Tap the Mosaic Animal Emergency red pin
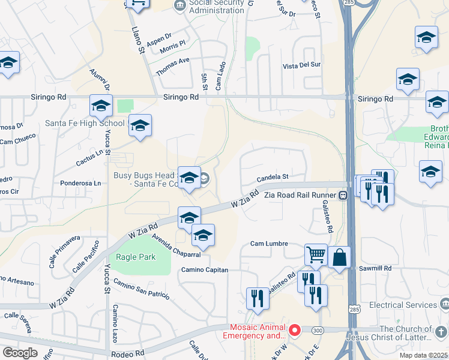tap(294, 330)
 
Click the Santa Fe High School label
tap(85, 124)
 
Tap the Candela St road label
tap(273, 178)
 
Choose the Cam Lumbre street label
tap(269, 244)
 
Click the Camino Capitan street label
tap(205, 270)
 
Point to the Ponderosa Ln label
tap(80, 183)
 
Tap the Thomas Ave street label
tap(172, 66)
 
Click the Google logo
tap(20, 353)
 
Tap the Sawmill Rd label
tap(375, 268)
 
